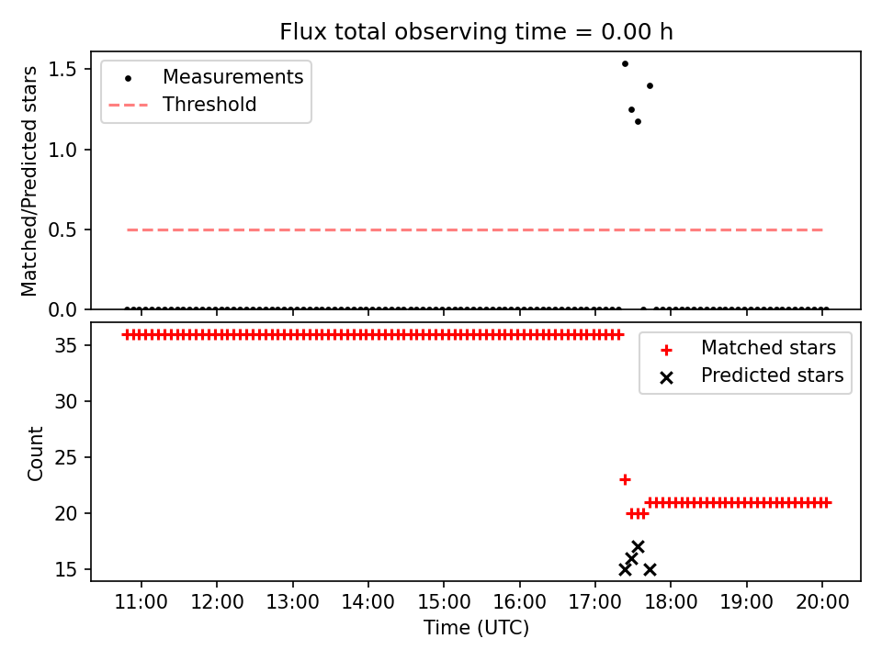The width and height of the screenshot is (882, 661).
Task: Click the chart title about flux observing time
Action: point(476,32)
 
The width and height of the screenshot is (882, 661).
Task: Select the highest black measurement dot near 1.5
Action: point(625,64)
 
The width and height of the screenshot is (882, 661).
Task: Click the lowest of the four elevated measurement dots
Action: point(638,121)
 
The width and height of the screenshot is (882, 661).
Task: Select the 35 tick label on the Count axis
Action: point(65,345)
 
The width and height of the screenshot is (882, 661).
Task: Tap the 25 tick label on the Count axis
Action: point(65,457)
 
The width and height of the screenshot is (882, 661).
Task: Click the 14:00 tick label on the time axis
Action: point(368,602)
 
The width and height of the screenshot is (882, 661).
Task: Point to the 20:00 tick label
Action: point(822,602)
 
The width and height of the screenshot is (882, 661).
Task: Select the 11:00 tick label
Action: point(141,602)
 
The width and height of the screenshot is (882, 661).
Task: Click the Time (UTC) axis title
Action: point(476,628)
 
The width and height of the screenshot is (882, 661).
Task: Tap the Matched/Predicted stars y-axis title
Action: point(29,181)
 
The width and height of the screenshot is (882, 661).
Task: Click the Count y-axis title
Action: point(35,454)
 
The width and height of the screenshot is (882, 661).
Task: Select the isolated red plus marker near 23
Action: point(625,479)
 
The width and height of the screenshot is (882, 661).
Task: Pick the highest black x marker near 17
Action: point(638,547)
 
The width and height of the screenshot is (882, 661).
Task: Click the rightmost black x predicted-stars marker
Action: point(650,569)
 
